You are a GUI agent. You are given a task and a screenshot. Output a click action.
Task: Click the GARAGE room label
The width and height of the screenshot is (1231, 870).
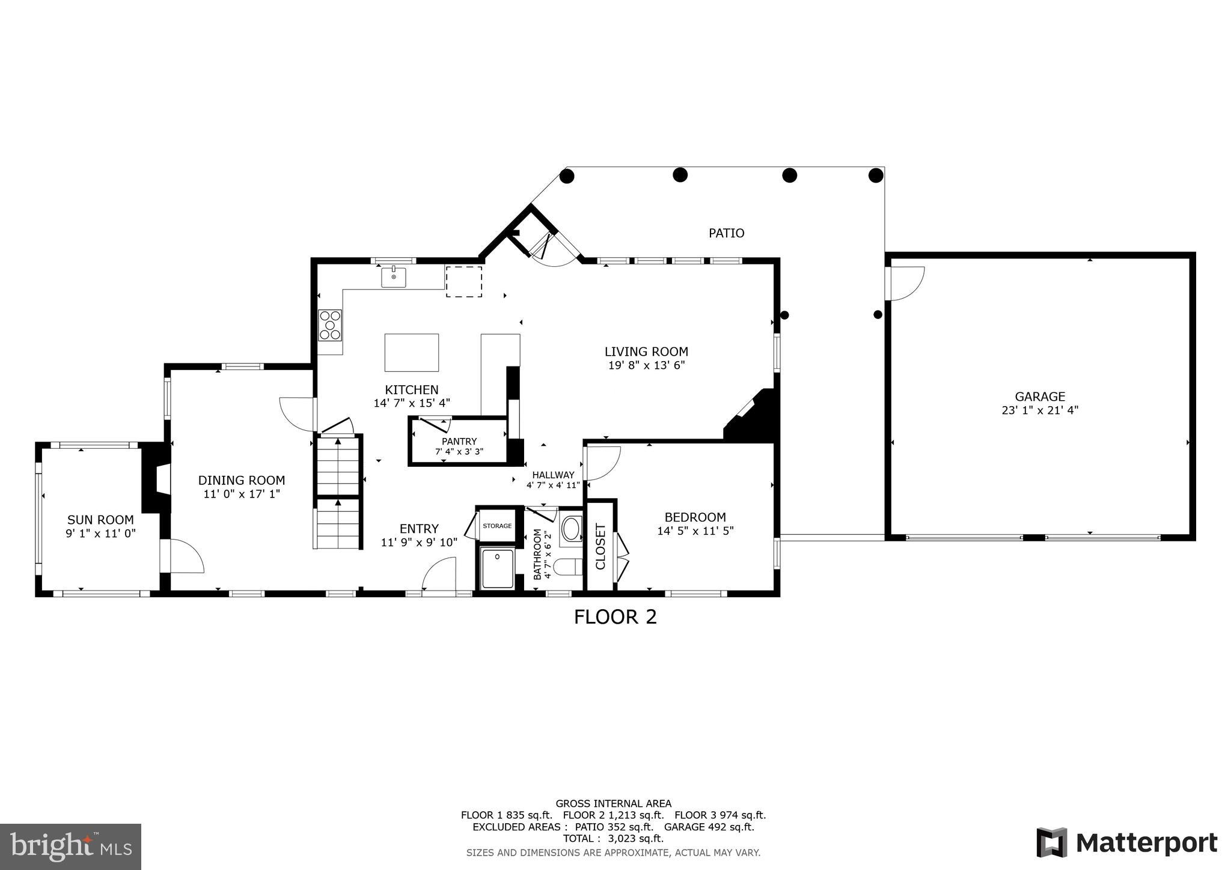tap(1040, 397)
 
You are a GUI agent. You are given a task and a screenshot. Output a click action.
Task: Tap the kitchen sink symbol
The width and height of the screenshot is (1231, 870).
tap(394, 278)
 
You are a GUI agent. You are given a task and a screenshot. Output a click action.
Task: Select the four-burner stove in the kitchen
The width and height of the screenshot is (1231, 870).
tap(330, 325)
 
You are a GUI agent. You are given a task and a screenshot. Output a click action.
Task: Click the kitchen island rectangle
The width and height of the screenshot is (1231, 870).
tap(411, 353)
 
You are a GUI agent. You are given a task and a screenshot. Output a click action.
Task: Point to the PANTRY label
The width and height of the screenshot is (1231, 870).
tap(459, 442)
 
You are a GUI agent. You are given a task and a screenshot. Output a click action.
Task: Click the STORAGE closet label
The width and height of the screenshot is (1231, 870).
tap(497, 526)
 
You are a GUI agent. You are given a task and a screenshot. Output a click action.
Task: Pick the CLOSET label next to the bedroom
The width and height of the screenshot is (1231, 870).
tap(600, 546)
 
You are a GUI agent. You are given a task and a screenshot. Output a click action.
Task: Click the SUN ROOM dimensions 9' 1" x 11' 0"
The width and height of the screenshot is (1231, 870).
tap(101, 533)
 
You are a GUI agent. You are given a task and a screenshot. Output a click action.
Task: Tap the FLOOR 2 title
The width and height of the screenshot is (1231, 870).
tap(615, 617)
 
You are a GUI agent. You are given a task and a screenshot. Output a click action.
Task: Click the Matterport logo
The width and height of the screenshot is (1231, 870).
tap(1126, 843)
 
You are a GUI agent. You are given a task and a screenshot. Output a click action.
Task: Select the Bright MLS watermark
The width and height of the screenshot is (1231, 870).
tap(71, 847)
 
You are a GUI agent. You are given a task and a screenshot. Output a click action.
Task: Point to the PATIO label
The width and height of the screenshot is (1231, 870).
tap(726, 233)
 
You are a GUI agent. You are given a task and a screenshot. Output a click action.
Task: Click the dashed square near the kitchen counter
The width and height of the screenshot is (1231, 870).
tap(463, 282)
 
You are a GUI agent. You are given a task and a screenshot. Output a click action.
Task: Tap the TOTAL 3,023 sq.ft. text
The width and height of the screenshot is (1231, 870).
tap(613, 838)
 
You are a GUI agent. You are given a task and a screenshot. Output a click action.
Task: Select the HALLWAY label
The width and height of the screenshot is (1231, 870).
tap(553, 475)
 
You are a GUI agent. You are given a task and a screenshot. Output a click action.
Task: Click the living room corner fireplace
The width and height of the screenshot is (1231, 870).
tap(754, 418)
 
